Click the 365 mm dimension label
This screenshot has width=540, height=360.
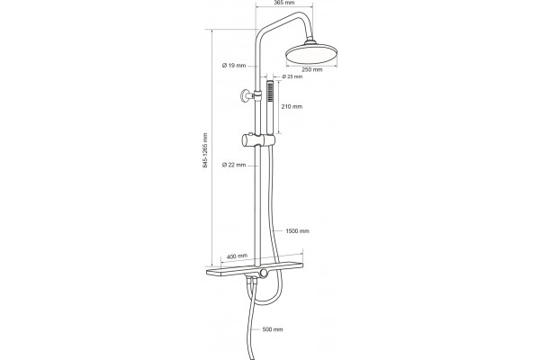point(284,3)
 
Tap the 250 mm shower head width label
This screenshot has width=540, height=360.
point(312,69)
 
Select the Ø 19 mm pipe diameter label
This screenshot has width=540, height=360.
point(234,65)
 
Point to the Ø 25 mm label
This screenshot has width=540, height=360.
point(292,76)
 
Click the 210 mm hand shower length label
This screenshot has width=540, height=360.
point(292,106)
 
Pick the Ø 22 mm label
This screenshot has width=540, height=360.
point(234,165)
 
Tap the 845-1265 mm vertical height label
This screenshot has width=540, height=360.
point(205,150)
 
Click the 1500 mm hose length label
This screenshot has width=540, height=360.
point(297,230)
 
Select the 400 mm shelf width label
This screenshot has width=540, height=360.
point(238,256)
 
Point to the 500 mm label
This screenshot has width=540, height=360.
point(273,329)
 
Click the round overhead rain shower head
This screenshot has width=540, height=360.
point(311,54)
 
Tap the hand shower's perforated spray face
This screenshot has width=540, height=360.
point(270,91)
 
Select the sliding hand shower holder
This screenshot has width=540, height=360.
point(258,140)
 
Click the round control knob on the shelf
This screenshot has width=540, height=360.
point(264,274)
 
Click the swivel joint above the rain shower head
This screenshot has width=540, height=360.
point(310,42)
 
